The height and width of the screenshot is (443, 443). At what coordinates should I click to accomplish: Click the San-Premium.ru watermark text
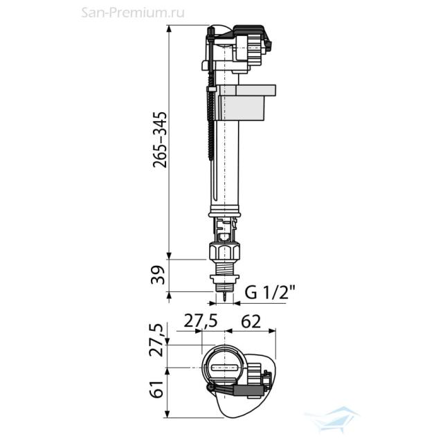coord(133,12)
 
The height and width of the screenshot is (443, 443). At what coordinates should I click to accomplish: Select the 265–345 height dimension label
coord(160,140)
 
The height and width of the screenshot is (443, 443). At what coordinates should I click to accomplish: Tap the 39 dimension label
coord(158,275)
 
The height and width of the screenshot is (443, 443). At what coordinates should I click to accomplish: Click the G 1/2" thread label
coord(270,292)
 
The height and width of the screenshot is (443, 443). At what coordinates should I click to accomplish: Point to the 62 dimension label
coord(251,321)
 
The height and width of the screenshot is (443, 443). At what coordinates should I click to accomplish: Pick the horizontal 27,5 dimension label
coord(201,321)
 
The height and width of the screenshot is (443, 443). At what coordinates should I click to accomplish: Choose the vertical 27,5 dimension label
coord(156,340)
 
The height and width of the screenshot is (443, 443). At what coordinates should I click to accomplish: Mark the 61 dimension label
coord(157,389)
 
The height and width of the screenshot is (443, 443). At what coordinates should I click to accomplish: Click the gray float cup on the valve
coord(245,102)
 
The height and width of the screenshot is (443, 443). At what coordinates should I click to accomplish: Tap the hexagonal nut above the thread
coord(224,251)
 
